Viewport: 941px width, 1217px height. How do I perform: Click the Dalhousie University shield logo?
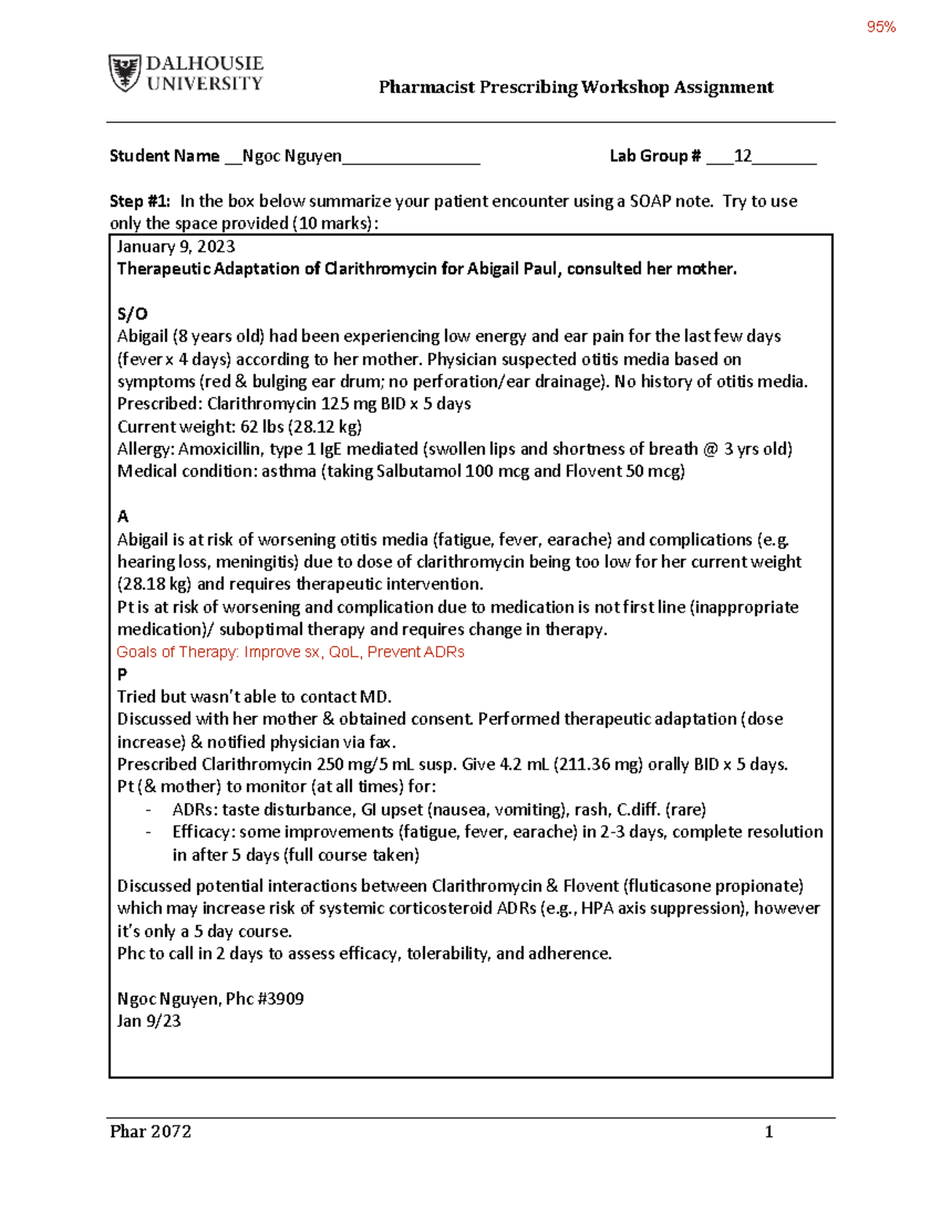[x=125, y=73]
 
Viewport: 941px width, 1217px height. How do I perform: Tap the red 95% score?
[x=881, y=27]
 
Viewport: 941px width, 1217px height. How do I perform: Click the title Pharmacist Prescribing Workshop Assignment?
[x=576, y=87]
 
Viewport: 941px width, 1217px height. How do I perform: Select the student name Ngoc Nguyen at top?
[x=292, y=156]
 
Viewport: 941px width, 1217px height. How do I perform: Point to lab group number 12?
[x=742, y=156]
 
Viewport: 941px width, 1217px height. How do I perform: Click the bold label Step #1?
[x=140, y=201]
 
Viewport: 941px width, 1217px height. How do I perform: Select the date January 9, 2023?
[x=176, y=247]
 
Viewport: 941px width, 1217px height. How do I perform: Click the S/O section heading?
[x=132, y=314]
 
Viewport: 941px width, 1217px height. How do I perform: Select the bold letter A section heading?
[x=122, y=516]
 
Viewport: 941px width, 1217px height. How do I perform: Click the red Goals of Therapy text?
[x=290, y=652]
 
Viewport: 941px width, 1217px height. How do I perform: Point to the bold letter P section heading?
[x=122, y=674]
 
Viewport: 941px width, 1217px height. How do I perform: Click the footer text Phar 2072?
[x=151, y=1132]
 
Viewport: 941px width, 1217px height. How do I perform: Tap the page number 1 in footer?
[x=768, y=1132]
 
